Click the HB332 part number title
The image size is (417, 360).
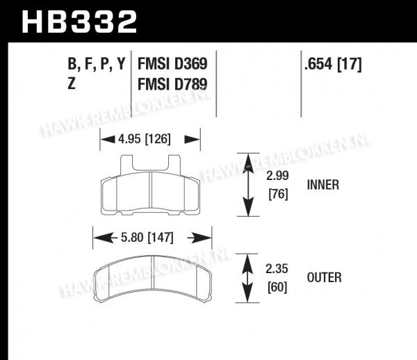79,22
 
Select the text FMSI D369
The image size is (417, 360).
172,64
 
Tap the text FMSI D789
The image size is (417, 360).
172,84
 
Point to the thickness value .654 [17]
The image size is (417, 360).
333,65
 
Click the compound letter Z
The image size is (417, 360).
72,83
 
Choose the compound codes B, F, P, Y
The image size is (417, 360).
97,65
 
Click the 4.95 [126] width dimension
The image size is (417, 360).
145,139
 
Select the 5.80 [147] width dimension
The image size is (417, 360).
147,238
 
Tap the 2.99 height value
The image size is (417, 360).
277,176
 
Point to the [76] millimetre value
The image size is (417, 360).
278,195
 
